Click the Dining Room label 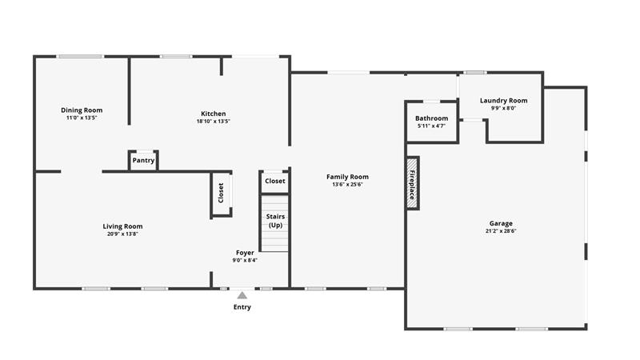pos(82,110)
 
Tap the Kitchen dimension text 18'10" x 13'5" pos(213,122)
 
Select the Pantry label pos(143,161)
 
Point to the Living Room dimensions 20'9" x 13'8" pos(122,234)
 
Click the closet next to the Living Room pos(222,193)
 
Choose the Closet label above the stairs pos(274,181)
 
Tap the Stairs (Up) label pos(275,221)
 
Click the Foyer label pos(245,253)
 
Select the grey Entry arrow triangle pos(242,295)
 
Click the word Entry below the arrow pos(242,307)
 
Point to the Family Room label pos(347,177)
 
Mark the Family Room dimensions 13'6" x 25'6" pos(347,185)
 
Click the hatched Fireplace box pos(412,184)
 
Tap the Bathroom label pos(431,118)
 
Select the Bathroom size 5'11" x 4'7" pos(431,126)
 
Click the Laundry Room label pos(504,101)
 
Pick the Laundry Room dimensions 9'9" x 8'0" pos(504,108)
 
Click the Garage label pos(501,223)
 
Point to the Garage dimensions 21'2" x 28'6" pos(501,231)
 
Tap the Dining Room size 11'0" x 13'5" pos(82,118)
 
